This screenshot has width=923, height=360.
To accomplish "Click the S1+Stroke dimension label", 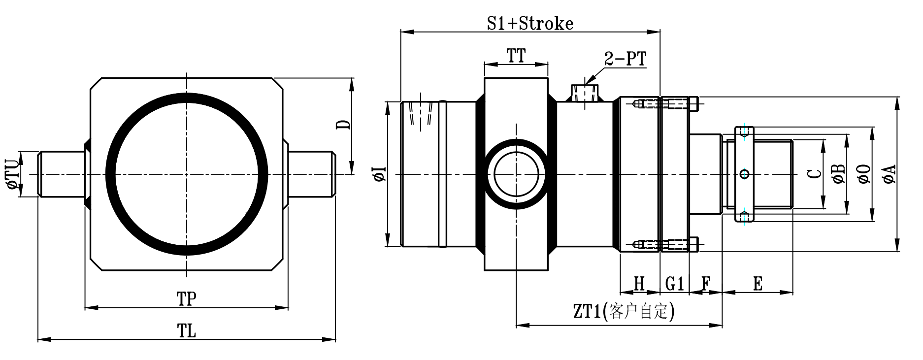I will click(x=530, y=23).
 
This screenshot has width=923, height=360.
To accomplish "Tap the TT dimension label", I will click(x=516, y=56).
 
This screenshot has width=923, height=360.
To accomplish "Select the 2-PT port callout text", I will click(x=625, y=59).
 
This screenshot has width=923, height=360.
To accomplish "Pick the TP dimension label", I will click(x=187, y=298).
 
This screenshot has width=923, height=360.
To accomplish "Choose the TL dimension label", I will click(x=187, y=331).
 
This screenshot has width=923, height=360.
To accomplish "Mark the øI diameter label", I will click(x=379, y=174).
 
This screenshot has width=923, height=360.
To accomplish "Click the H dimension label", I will click(x=639, y=284).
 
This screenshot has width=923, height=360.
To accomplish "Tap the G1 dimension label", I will click(x=674, y=284).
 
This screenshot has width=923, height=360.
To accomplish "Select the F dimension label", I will click(x=705, y=284).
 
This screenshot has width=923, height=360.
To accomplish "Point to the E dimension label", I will click(x=758, y=284).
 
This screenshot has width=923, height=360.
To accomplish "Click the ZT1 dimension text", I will click(x=623, y=312).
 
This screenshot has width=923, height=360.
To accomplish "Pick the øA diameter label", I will click(x=890, y=174).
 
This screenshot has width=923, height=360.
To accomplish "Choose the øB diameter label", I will click(x=839, y=174).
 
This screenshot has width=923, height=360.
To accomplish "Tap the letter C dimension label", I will click(x=815, y=174).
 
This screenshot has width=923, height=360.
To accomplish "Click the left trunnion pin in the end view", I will click(x=62, y=174).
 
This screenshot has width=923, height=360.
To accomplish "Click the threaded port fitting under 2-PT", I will click(x=584, y=93).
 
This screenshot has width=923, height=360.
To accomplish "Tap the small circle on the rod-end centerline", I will click(x=745, y=174).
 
